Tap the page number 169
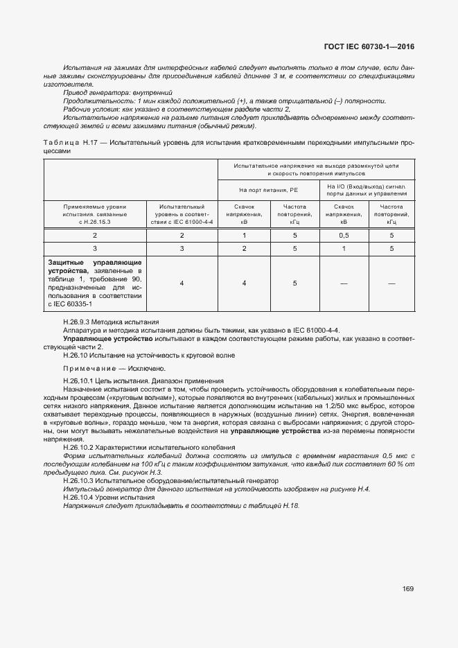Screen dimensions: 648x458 pyautogui.click(x=407, y=588)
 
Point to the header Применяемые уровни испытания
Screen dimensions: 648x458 pyautogui.click(x=95, y=207)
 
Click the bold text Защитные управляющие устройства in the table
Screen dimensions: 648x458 pyautogui.click(x=94, y=267)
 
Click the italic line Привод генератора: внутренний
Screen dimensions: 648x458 pyautogui.click(x=117, y=92)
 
